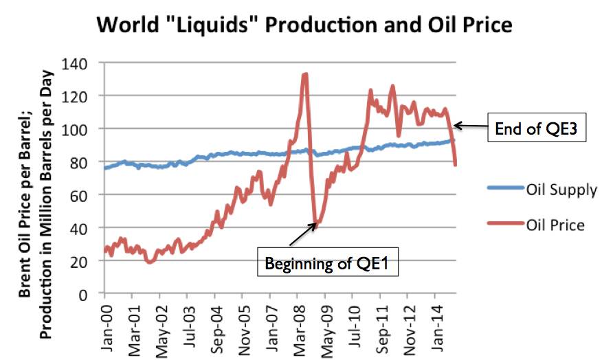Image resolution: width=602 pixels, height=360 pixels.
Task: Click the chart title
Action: point(304,25)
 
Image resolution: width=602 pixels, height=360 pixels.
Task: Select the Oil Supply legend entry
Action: point(544,190)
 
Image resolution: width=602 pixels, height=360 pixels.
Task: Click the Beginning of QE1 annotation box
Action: point(327,263)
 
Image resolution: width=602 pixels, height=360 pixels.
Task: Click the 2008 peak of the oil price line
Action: point(304,74)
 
